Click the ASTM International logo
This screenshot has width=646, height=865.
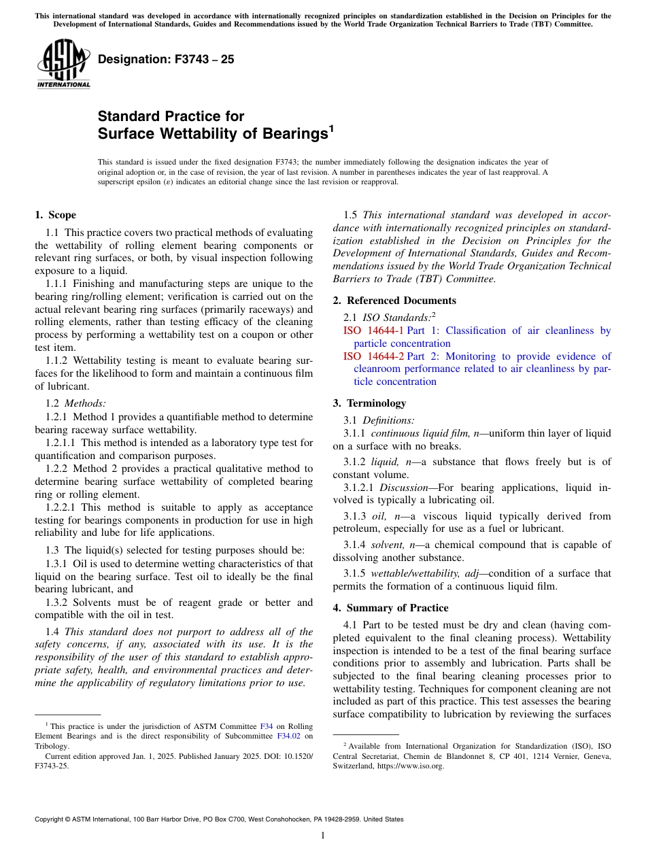(63, 64)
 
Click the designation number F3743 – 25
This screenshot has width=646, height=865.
(166, 60)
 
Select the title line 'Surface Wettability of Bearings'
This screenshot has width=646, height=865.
(213, 134)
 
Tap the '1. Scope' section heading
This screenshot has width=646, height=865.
(55, 215)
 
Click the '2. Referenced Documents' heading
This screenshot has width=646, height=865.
(394, 301)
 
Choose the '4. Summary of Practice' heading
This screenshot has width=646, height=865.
(390, 607)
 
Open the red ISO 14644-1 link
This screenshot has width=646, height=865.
(373, 330)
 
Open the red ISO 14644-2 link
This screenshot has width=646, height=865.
(373, 356)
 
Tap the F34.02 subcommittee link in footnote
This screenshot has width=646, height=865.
(289, 736)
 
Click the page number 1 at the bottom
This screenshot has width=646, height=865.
(323, 836)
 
